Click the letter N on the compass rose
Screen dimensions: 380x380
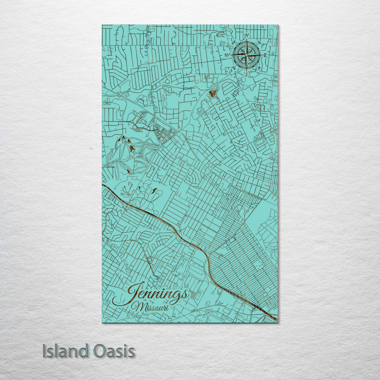coord(247,36)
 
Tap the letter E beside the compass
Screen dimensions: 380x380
coord(265,56)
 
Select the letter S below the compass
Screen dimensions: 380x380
coord(246,74)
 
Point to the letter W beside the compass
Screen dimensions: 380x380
coord(227,55)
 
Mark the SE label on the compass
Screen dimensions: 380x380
coord(260,68)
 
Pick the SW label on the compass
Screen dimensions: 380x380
coord(234,68)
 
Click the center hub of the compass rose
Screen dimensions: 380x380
coord(247,55)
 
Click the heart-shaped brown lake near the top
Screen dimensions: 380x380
coord(213,93)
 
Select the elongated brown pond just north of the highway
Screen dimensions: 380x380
coord(154,191)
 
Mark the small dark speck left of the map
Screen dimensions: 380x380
coord(91,149)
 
